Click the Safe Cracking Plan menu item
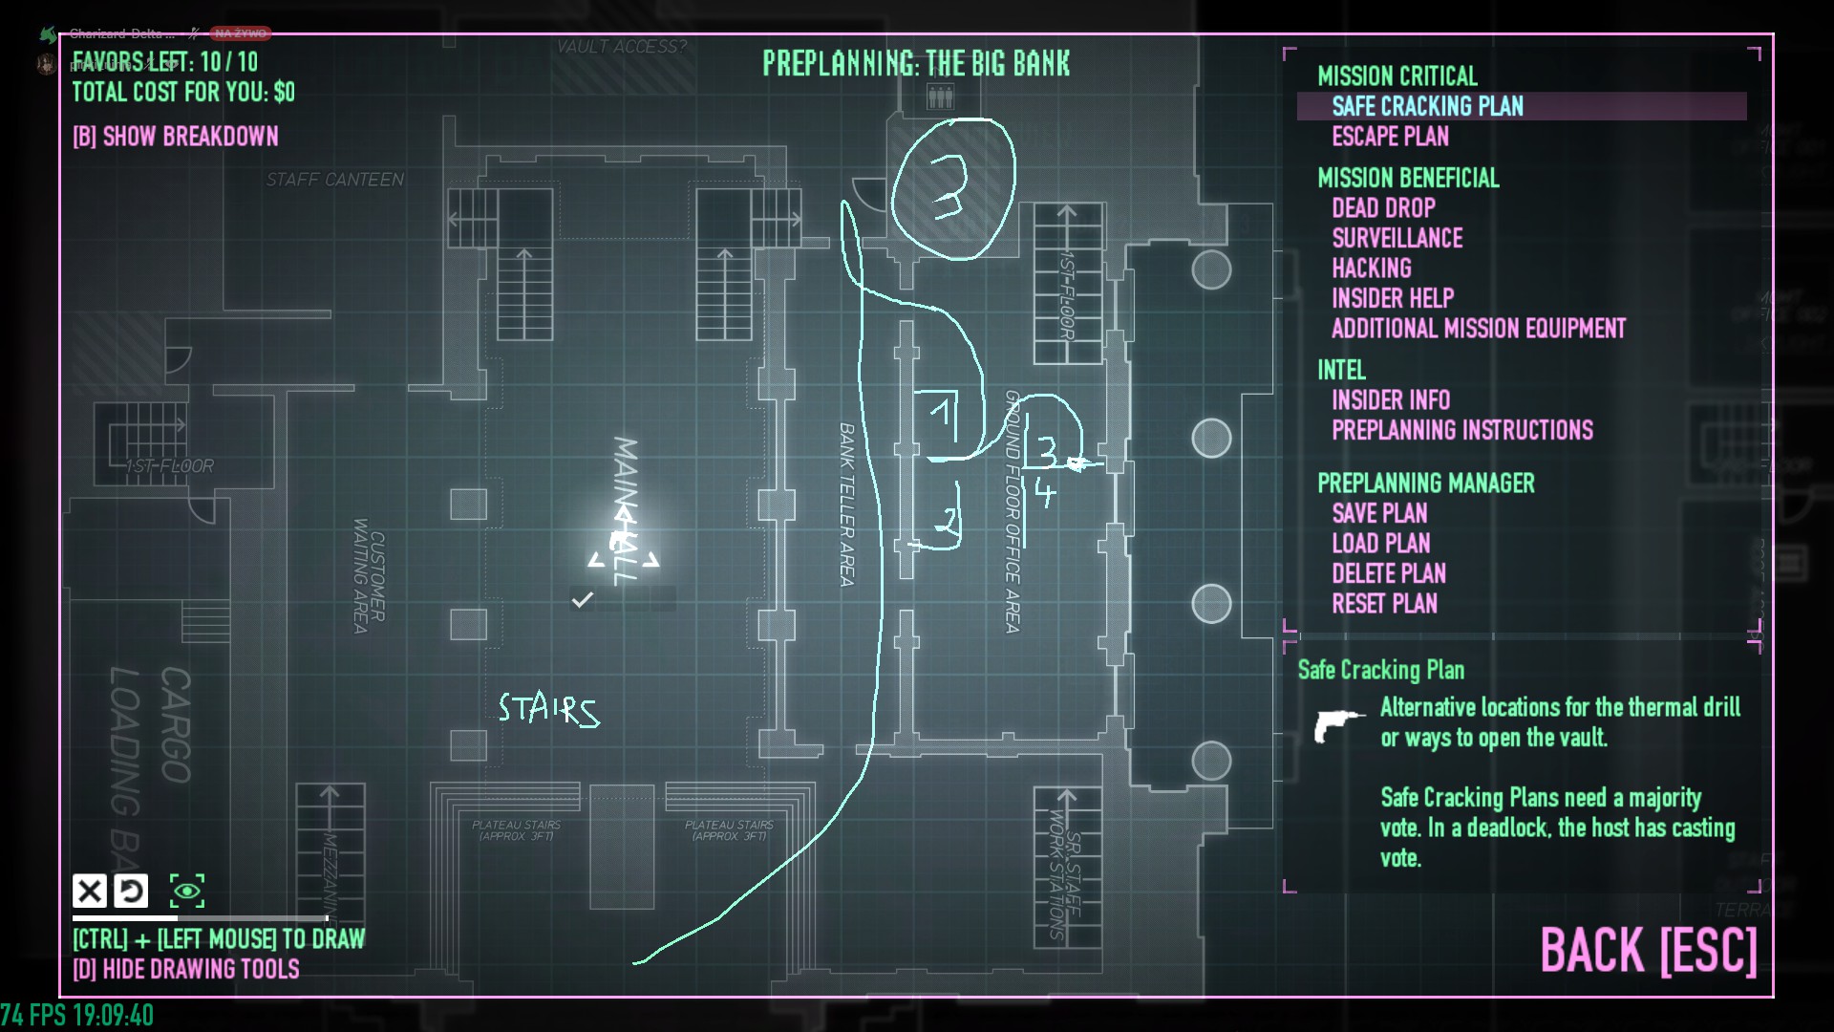(x=1427, y=106)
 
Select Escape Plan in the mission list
(x=1390, y=137)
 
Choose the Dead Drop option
(x=1383, y=208)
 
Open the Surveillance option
(x=1397, y=238)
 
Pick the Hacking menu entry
(x=1371, y=269)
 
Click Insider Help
(x=1392, y=298)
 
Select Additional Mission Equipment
(x=1478, y=329)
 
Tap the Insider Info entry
(x=1390, y=399)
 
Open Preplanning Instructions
(x=1461, y=430)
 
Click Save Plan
(x=1379, y=513)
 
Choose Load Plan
(x=1380, y=544)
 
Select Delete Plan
(x=1388, y=573)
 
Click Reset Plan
(x=1384, y=604)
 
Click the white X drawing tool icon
(x=90, y=892)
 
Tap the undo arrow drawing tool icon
(x=131, y=892)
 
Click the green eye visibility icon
(x=187, y=892)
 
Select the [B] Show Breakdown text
(x=176, y=137)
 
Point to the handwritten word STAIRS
(x=548, y=710)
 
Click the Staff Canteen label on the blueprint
(x=334, y=180)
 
